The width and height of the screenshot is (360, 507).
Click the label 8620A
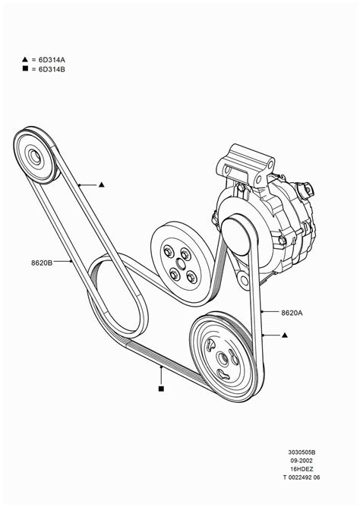pyautogui.click(x=292, y=312)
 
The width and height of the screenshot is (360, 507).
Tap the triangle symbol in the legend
pyautogui.click(x=25, y=59)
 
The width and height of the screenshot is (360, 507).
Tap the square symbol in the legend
pyautogui.click(x=25, y=69)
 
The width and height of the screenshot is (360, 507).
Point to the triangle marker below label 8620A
pyautogui.click(x=285, y=334)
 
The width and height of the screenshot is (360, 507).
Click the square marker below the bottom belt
pyautogui.click(x=161, y=389)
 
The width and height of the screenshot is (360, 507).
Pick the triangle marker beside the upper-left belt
pyautogui.click(x=101, y=184)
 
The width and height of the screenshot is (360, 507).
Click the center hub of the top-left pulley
pyautogui.click(x=35, y=159)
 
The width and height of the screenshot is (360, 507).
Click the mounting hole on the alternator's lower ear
pyautogui.click(x=244, y=282)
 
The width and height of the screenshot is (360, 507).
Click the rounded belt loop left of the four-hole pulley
pyautogui.click(x=114, y=300)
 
